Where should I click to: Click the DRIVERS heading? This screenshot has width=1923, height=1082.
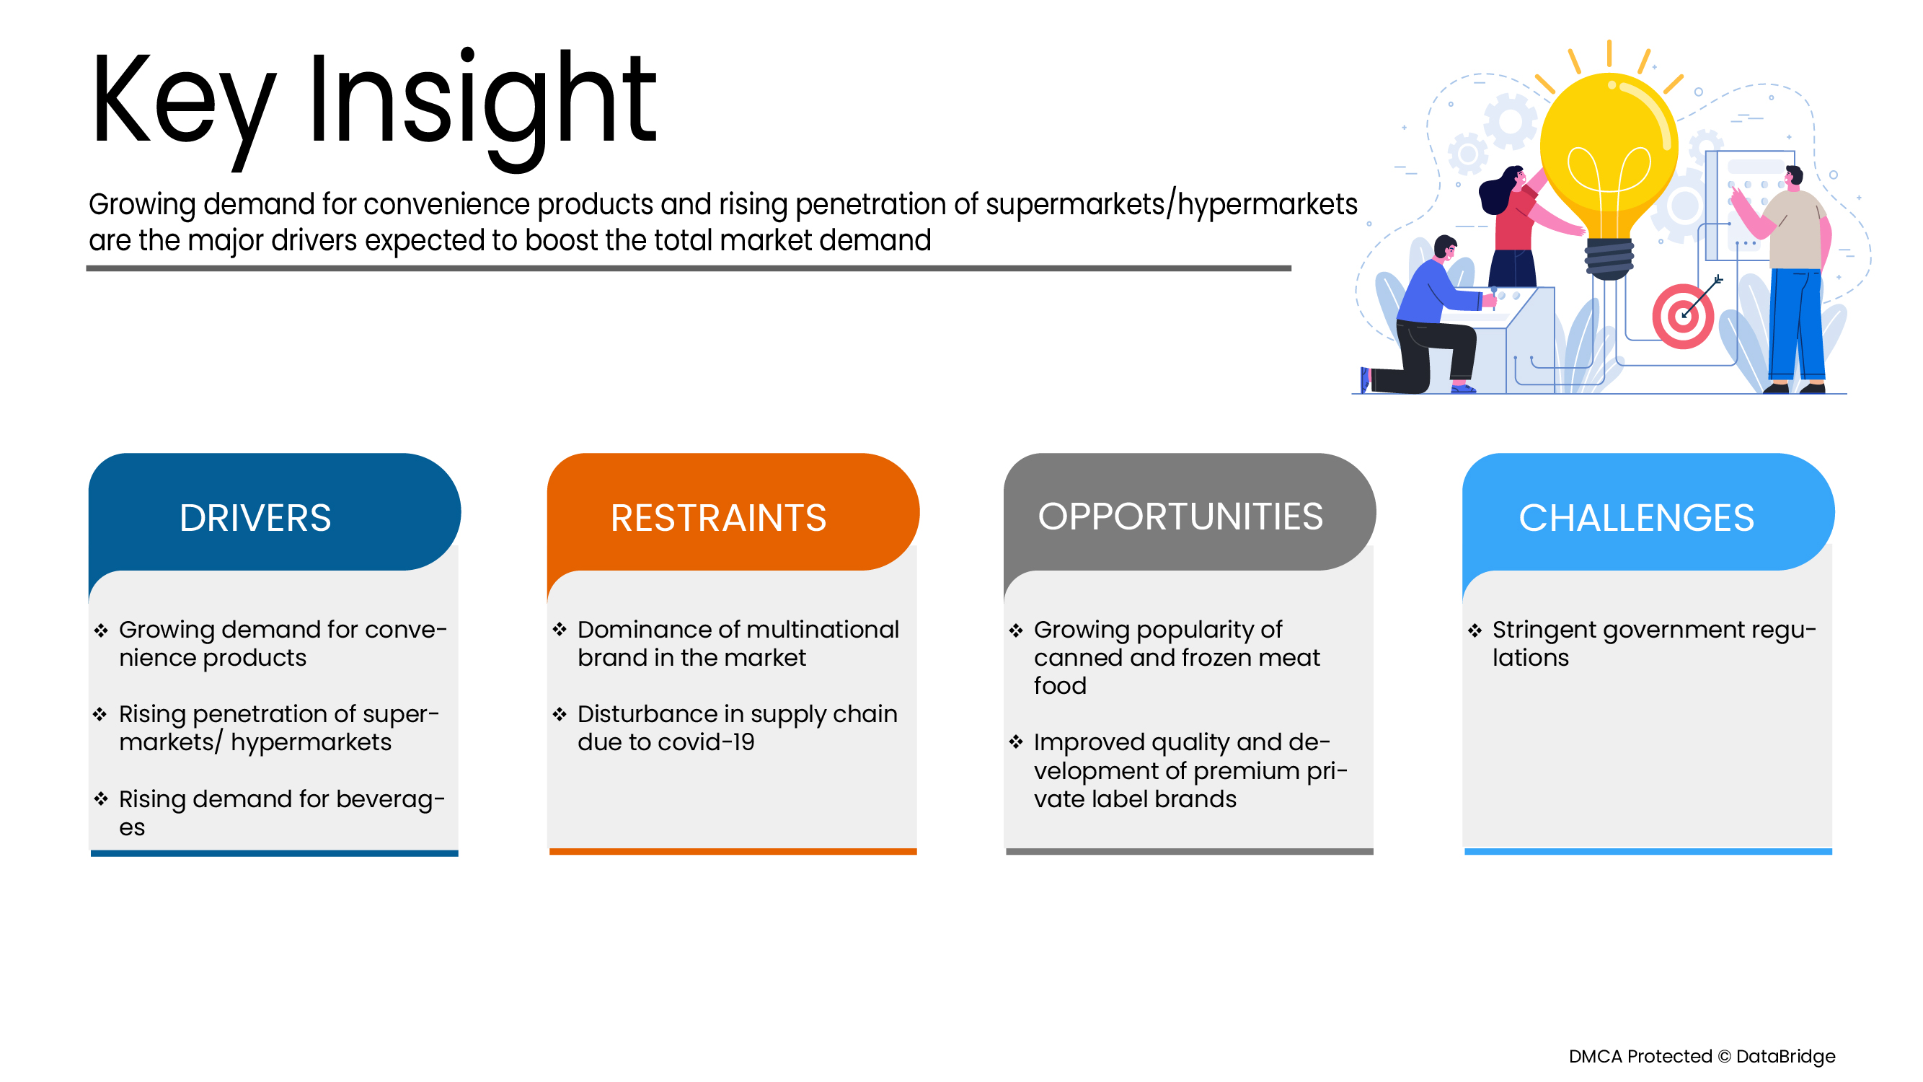point(255,517)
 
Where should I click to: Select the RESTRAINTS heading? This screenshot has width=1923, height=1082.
point(718,517)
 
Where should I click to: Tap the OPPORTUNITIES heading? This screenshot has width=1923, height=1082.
point(1180,516)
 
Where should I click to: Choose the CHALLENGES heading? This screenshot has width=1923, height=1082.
point(1635,517)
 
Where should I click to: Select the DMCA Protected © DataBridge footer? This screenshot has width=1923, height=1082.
point(1702,1056)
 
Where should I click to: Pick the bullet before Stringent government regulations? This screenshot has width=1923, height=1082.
point(1475,630)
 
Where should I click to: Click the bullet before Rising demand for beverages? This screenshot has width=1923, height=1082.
point(101,799)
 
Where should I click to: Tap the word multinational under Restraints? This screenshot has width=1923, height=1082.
point(810,630)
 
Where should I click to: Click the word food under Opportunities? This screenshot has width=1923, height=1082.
point(1060,685)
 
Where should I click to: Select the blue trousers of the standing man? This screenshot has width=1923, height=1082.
point(1796,324)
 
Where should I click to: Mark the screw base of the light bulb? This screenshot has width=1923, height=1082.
point(1609,258)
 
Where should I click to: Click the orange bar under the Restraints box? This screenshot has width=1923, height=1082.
point(733,851)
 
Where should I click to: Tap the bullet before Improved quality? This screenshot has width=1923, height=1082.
point(1015,742)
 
